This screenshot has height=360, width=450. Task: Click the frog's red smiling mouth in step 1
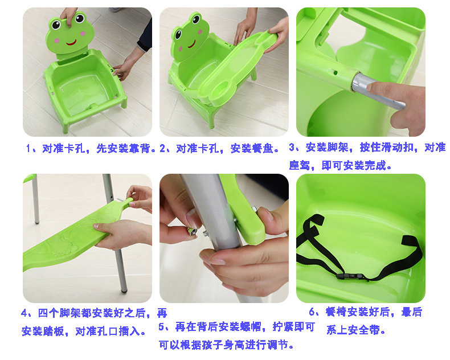coord(71,43)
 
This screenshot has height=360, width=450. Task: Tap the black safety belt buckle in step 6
coord(351,276)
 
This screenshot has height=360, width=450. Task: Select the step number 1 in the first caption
coord(28,149)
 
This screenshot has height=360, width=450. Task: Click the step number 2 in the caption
coord(163,149)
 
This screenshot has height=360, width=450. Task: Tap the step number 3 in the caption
coord(292,148)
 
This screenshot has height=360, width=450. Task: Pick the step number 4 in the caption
coord(24,313)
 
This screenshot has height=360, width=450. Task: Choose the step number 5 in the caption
coord(162,327)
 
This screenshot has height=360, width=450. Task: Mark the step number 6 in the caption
coord(312,312)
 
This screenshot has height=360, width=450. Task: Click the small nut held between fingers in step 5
coord(192,231)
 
